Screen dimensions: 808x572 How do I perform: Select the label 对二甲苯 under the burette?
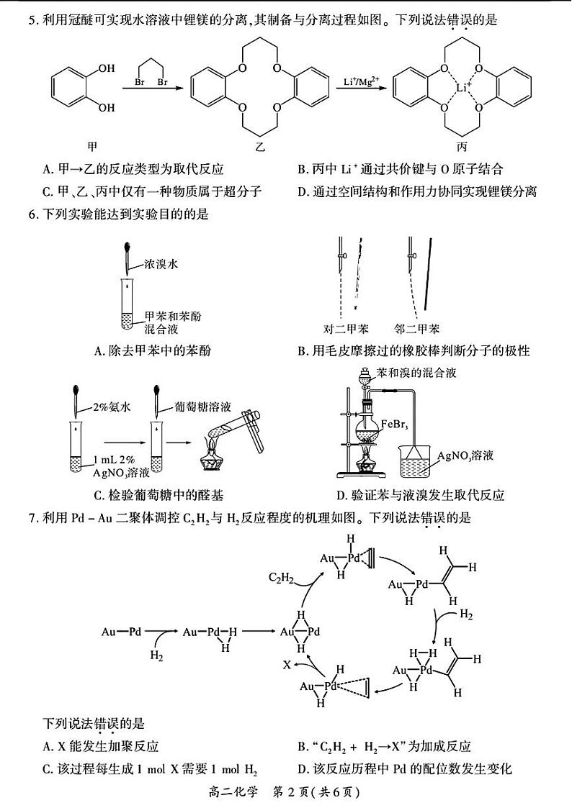(x=346, y=329)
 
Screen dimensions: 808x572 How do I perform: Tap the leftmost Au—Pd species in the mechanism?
(x=121, y=632)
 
